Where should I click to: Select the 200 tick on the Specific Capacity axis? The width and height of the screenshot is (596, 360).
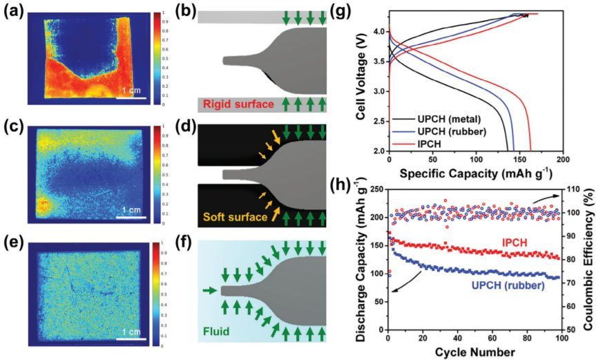click(562, 158)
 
